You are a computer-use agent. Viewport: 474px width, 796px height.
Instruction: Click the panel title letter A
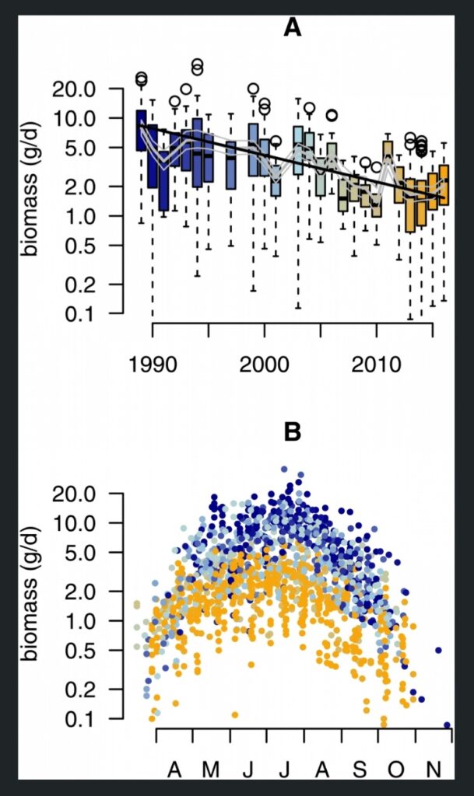tap(292, 28)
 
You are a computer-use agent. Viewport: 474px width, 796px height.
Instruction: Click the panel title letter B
tap(292, 432)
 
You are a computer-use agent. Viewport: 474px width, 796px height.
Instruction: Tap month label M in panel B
tap(211, 770)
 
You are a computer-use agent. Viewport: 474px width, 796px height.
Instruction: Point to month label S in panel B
tap(360, 770)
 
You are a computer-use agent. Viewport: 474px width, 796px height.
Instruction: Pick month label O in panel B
tap(397, 770)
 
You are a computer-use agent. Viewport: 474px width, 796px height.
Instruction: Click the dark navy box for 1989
tap(141, 130)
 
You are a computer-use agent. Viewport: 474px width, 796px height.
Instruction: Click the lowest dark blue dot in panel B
tap(447, 724)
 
